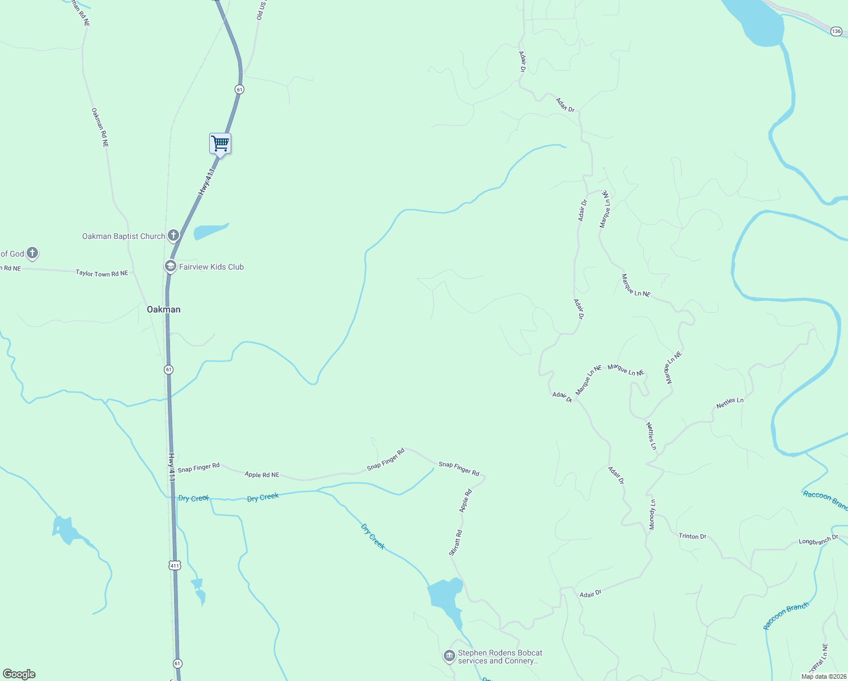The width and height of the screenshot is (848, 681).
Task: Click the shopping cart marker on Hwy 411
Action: (x=220, y=144)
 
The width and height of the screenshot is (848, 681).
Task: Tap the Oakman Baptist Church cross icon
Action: (x=173, y=236)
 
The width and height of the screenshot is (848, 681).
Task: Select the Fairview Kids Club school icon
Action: (x=169, y=266)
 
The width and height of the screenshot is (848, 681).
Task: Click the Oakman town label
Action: (x=164, y=309)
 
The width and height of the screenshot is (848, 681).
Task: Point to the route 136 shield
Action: (x=837, y=31)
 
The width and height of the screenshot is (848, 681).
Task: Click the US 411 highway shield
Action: (x=174, y=565)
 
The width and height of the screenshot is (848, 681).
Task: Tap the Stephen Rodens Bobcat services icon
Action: (x=449, y=657)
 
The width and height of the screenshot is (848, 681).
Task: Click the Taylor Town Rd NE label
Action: (x=102, y=274)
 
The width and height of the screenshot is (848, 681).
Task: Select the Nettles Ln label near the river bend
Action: (x=730, y=403)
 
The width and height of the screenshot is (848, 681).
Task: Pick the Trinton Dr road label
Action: (x=692, y=536)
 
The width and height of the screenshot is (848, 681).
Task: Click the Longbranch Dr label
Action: (x=818, y=540)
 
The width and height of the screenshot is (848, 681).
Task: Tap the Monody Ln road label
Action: (x=652, y=515)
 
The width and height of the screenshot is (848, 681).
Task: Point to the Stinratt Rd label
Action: (x=455, y=543)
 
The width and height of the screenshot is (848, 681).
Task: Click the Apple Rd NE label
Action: (x=262, y=475)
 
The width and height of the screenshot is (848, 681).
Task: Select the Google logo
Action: (x=19, y=674)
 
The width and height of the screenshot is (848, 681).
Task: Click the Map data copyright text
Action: (x=823, y=676)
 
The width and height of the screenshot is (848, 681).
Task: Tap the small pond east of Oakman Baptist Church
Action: (x=210, y=231)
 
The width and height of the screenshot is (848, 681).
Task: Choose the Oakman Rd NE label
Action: (x=100, y=128)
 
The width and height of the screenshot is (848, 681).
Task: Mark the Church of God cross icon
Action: (x=32, y=253)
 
